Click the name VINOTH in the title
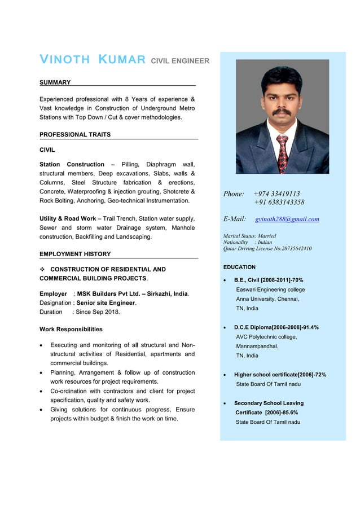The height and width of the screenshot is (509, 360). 64,60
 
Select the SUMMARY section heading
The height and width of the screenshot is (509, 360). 55,82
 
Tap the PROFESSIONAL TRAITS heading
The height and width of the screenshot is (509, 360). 75,134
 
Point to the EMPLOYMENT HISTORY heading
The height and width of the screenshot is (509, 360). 75,254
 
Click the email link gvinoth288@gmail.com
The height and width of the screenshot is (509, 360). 287,219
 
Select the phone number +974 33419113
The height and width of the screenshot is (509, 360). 276,194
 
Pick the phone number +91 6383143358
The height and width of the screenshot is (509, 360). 279,202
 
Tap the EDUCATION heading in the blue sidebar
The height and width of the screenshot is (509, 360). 239,267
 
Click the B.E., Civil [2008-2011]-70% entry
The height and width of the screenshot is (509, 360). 269,280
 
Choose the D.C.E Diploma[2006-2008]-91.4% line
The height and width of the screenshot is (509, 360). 276,327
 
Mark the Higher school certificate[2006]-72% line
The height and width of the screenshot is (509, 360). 280,375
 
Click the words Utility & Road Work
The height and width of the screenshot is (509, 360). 68,218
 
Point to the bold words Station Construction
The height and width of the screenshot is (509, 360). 72,164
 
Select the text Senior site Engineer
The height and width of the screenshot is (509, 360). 106,302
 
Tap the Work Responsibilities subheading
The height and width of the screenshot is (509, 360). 71,329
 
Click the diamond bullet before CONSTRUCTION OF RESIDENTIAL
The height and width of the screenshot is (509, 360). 42,269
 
